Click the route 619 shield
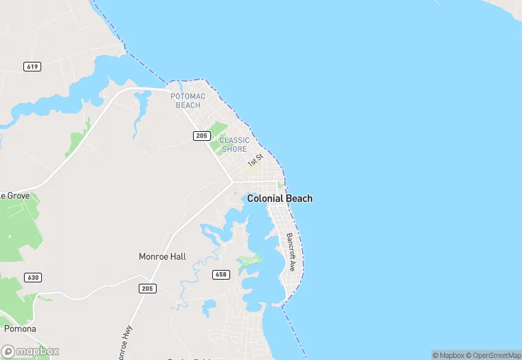[x=32, y=67]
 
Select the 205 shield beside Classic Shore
[x=201, y=136]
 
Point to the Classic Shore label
[x=234, y=144]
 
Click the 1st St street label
[x=256, y=160]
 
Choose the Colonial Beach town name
[x=280, y=199]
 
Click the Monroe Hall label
[x=162, y=257]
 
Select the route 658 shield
[x=220, y=275]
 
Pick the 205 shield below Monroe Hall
[x=147, y=288]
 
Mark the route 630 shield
[x=32, y=278]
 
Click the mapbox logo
[x=31, y=350]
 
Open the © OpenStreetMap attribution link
[x=492, y=355]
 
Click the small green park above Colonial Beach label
[x=281, y=185]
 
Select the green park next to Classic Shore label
[x=218, y=128]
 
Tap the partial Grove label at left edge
[x=14, y=196]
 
